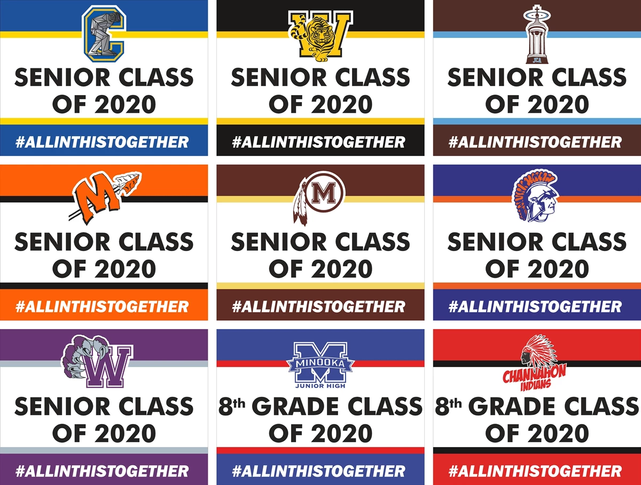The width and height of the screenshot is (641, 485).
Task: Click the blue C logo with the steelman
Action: click(x=104, y=34)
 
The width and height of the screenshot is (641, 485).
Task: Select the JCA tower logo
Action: click(x=537, y=34)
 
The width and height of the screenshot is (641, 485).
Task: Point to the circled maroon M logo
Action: click(x=320, y=198)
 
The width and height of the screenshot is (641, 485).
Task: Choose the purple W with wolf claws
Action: click(x=97, y=362)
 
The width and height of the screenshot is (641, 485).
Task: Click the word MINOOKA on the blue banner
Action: click(x=320, y=363)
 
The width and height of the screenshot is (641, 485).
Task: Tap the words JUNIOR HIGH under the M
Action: click(x=320, y=386)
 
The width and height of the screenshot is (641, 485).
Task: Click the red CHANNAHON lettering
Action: click(x=534, y=374)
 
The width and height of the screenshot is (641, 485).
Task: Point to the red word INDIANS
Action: click(x=536, y=385)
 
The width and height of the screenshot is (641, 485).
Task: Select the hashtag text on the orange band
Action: click(x=102, y=307)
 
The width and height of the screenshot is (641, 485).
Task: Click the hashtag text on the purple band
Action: click(x=102, y=471)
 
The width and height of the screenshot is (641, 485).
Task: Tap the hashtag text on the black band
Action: click(x=318, y=142)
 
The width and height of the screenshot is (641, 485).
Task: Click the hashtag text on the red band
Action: click(x=535, y=471)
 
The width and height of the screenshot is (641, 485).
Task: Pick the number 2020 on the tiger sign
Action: click(x=342, y=104)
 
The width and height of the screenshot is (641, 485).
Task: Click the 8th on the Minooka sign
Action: click(x=232, y=406)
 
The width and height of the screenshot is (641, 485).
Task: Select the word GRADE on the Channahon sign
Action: click(x=514, y=406)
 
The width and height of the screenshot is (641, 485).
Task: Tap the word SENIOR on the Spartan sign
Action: click(x=495, y=242)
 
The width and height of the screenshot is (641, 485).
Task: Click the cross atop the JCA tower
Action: click(x=537, y=9)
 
